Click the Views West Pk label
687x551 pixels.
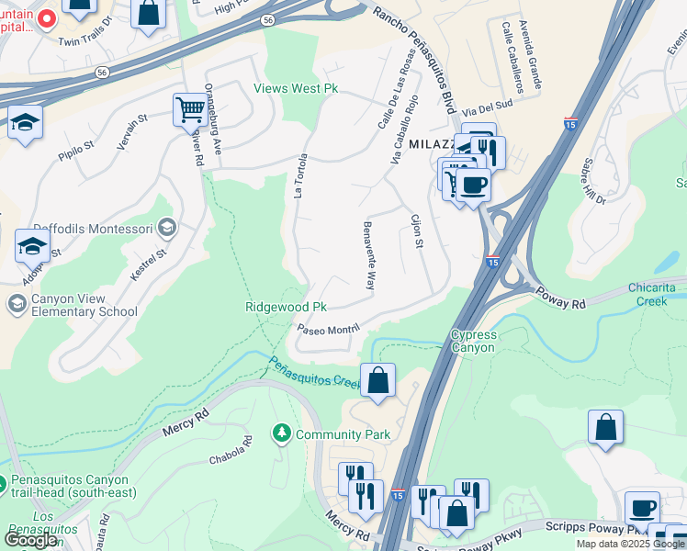click(296, 89)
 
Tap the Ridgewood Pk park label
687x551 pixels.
click(286, 307)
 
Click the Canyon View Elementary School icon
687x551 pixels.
click(17, 303)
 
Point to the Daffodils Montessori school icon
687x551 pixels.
click(166, 227)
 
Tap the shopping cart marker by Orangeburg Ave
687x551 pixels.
click(190, 109)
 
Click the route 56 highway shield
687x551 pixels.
click(266, 19)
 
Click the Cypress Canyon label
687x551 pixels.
click(473, 341)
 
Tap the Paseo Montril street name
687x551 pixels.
click(326, 329)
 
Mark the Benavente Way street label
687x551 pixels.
click(369, 255)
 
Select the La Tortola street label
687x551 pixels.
click(298, 174)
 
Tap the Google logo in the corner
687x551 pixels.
click(31, 540)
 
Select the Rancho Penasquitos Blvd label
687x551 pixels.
click(413, 56)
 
